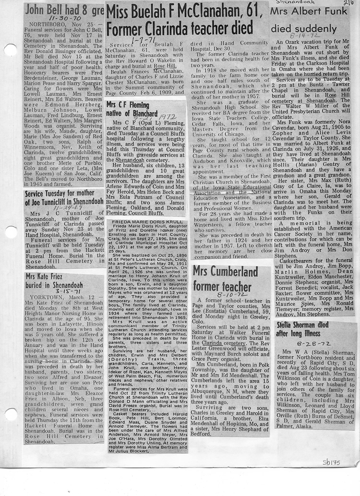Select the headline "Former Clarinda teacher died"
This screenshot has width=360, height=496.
[180, 28]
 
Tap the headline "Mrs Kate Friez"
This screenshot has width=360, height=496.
[48, 277]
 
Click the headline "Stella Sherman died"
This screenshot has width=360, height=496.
[309, 325]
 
